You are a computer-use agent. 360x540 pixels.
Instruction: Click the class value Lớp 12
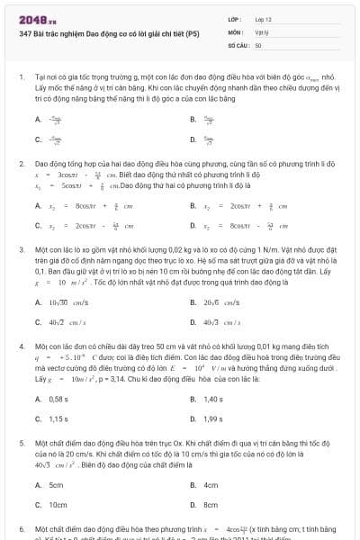click(x=263, y=18)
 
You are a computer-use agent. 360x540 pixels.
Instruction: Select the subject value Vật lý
click(x=261, y=31)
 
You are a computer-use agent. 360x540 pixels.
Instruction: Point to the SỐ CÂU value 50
click(x=258, y=44)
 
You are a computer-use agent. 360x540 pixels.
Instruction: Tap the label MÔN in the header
click(x=234, y=31)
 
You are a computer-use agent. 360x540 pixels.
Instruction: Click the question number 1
click(x=20, y=79)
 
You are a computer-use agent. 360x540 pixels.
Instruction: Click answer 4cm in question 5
click(x=211, y=485)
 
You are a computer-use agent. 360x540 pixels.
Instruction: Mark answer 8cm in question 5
click(x=211, y=505)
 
